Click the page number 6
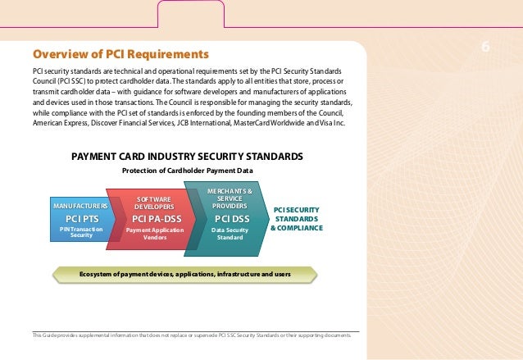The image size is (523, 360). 485,47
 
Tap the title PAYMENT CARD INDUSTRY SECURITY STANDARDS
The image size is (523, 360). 188,156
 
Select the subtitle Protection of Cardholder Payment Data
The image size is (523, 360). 188,171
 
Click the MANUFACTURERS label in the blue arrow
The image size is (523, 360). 81,205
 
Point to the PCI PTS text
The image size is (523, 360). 81,219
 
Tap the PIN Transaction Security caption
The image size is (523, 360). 81,232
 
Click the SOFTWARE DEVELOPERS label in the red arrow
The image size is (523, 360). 153,203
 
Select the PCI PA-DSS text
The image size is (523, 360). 154,219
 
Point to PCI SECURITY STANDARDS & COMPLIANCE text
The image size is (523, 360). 296,219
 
